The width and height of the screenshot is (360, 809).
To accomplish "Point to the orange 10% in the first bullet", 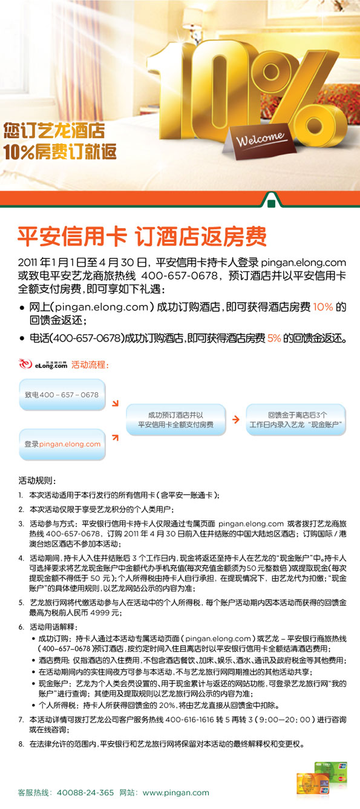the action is (322, 307).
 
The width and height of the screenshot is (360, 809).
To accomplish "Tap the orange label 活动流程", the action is (89, 365).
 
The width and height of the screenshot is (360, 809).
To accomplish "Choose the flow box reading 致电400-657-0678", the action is (61, 395).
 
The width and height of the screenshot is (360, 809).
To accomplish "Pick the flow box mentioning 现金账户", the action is (296, 420).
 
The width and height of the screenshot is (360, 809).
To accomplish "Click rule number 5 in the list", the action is (21, 603).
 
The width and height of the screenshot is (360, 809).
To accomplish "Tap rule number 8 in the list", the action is (21, 744).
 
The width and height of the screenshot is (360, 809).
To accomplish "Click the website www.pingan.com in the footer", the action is (176, 792).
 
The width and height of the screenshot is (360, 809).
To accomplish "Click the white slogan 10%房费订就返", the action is (59, 151).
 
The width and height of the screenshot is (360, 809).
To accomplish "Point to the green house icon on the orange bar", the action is (275, 200).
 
